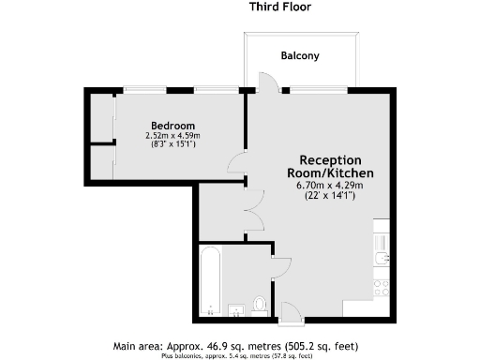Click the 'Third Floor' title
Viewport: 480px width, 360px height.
coord(280,7)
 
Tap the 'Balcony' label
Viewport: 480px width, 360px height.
coord(300,56)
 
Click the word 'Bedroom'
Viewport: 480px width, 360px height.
coord(173,126)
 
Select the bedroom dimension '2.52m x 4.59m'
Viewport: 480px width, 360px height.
coord(173,136)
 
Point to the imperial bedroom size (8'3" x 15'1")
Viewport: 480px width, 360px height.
coord(173,145)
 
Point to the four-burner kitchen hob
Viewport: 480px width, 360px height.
coord(382,285)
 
